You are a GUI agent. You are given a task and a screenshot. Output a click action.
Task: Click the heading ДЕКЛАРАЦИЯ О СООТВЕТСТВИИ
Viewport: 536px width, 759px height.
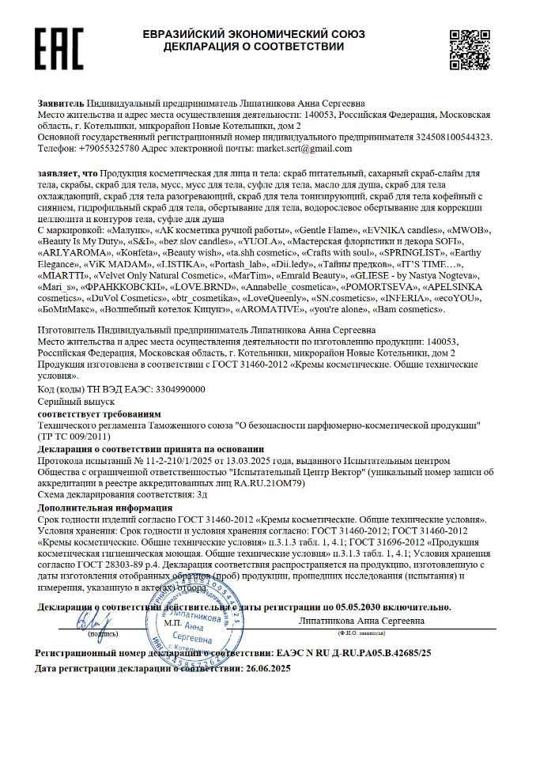coord(254,47)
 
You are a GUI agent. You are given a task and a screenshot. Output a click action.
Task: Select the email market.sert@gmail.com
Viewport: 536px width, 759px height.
coord(308,148)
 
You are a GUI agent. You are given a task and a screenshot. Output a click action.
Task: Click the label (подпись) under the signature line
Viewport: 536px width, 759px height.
coord(104,633)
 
